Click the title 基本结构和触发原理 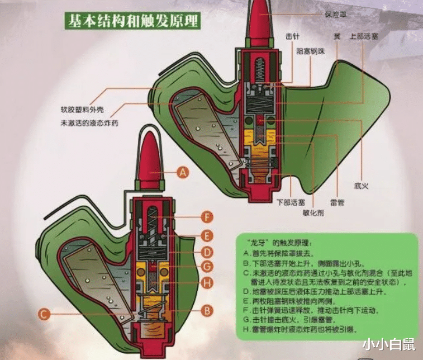point(132,22)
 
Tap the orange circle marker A point(182,173)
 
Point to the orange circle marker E point(206,235)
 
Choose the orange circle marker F point(206,217)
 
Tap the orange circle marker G point(206,267)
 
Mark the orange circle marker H point(206,283)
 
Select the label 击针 point(293,36)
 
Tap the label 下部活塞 point(290,201)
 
